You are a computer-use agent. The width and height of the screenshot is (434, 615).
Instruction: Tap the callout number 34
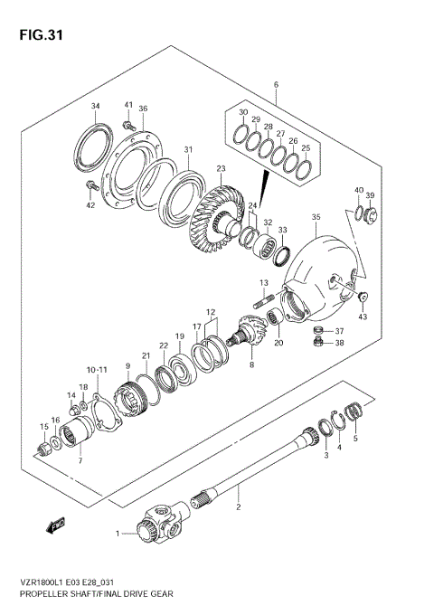95,107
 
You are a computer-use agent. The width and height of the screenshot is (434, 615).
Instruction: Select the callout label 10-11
99,370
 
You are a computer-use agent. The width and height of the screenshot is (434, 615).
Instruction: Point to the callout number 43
364,316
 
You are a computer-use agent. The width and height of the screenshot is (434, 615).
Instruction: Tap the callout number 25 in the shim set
305,148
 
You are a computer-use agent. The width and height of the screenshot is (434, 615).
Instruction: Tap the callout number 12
210,312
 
